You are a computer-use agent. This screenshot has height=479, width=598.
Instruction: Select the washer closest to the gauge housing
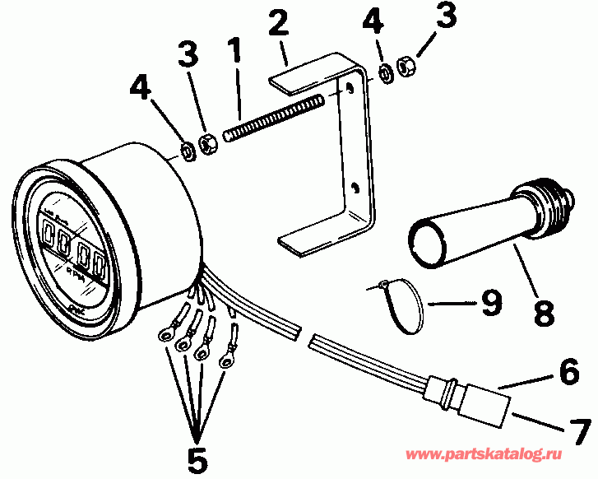[x=188, y=151]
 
